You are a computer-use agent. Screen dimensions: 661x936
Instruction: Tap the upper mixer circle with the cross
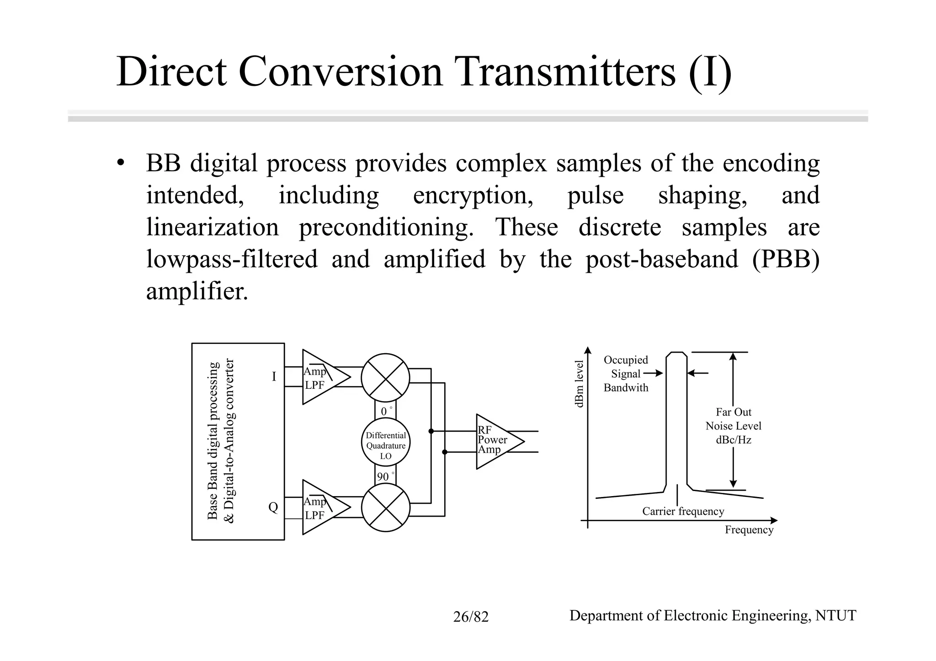point(385,378)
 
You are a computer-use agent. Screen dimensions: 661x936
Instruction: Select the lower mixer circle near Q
point(385,508)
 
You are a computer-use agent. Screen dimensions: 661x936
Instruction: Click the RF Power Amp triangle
point(496,441)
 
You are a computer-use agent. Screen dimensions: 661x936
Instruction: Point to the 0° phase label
point(386,411)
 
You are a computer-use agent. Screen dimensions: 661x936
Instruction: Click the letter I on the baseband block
point(274,376)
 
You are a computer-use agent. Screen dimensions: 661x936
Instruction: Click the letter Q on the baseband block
point(273,507)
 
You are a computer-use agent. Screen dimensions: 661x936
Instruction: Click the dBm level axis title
point(579,384)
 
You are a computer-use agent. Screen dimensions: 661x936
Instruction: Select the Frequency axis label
point(749,529)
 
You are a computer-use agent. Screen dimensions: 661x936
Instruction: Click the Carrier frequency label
point(683,511)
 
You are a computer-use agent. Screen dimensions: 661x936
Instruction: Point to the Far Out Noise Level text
point(733,426)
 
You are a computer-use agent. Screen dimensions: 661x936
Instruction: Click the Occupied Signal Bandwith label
point(626,374)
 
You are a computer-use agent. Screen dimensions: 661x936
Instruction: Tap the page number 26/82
point(471,617)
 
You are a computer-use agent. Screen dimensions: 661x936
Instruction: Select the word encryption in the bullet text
point(473,196)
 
